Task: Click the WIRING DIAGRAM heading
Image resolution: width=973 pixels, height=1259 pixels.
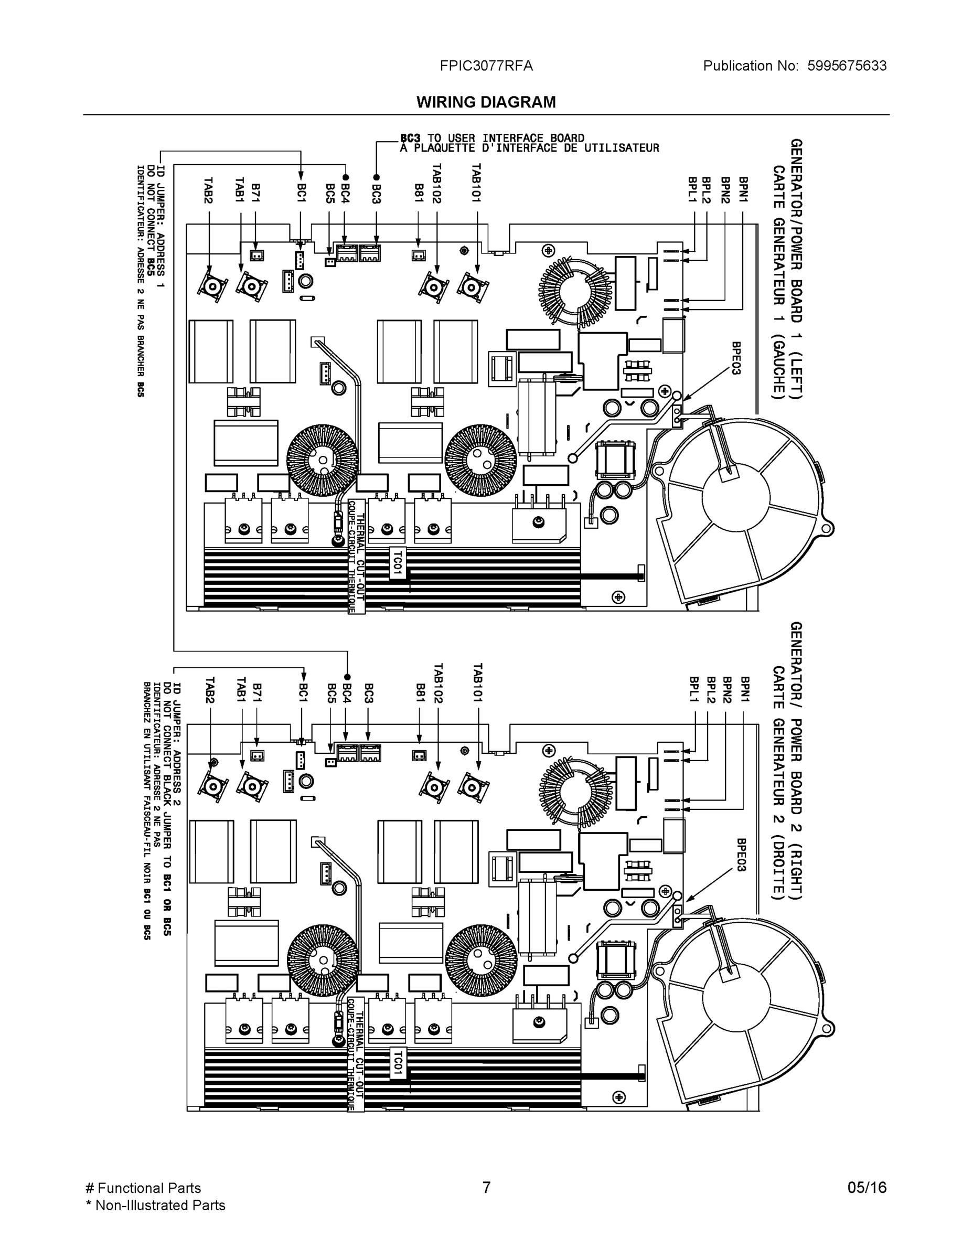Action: point(486,102)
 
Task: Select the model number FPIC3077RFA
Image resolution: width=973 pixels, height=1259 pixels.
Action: point(486,66)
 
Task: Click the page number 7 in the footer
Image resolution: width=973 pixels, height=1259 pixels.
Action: point(486,1188)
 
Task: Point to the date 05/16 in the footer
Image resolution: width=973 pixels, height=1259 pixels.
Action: point(867,1188)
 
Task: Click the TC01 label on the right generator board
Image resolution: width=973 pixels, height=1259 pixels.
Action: point(397,1062)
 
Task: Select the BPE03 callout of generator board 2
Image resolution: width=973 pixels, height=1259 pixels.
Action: point(741,855)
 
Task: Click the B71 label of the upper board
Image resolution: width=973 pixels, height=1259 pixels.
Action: point(255,193)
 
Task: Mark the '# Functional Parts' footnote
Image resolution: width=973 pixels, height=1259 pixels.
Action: point(143,1188)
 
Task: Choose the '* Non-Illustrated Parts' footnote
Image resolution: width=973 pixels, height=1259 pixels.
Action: point(155,1205)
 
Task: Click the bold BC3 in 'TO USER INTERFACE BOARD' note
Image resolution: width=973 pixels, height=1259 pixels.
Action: point(410,138)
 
